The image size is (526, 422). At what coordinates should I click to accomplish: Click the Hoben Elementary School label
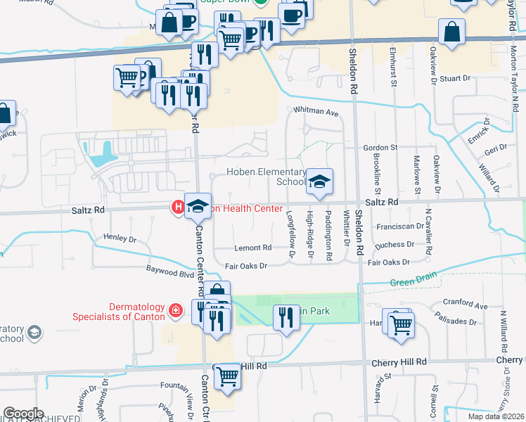[265, 177]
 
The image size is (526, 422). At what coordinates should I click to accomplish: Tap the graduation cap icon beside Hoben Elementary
[319, 183]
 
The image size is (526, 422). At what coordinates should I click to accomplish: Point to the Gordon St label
[380, 147]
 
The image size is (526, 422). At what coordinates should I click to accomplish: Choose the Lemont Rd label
[253, 248]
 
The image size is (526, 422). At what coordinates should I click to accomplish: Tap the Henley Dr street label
[119, 238]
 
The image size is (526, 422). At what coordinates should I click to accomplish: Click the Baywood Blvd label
[169, 269]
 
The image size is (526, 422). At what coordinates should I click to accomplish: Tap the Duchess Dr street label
[396, 244]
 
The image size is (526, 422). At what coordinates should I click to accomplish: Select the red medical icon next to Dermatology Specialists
[177, 309]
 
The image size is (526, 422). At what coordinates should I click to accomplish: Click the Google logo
[23, 414]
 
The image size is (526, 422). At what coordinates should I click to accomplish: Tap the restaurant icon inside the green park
[286, 317]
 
